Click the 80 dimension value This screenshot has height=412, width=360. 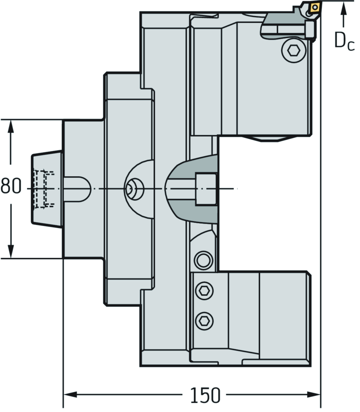(10, 187)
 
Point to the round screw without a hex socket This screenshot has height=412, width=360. (203, 260)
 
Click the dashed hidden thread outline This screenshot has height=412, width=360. (43, 189)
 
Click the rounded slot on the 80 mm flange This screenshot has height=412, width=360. (76, 189)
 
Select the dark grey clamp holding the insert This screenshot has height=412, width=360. (282, 24)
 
